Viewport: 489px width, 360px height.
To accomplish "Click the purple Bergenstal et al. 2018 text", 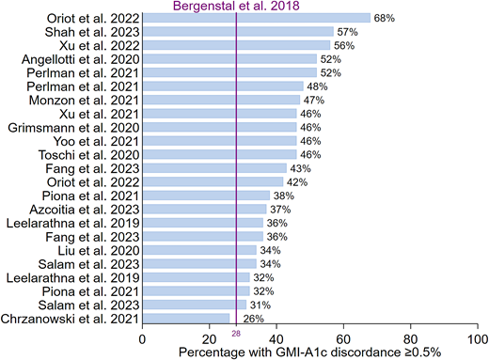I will coord(235,6).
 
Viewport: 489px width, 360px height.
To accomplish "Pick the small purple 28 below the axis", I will coord(236,333).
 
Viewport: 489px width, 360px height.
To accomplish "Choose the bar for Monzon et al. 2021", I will coord(221,99).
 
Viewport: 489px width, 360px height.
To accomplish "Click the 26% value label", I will coord(242,318).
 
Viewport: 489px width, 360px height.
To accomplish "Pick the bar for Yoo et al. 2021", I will coord(220,140).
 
